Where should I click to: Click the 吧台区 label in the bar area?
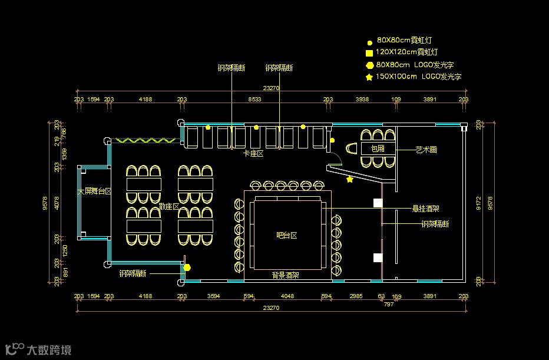[x=286, y=235]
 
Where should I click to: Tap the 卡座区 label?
[x=253, y=153]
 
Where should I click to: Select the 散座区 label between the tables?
[x=169, y=206]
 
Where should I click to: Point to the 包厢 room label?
[x=377, y=149]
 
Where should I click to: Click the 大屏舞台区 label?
[x=95, y=191]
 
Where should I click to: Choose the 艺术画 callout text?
[x=426, y=150]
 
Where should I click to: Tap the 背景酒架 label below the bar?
[x=285, y=275]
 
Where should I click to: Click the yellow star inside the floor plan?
[x=350, y=179]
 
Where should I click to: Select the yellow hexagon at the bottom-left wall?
[x=187, y=267]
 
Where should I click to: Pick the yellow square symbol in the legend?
[x=369, y=53]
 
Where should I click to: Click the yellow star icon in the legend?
[x=369, y=77]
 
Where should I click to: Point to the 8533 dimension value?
[x=254, y=100]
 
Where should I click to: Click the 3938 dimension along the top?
[x=362, y=100]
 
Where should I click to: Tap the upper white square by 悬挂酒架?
[x=378, y=203]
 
